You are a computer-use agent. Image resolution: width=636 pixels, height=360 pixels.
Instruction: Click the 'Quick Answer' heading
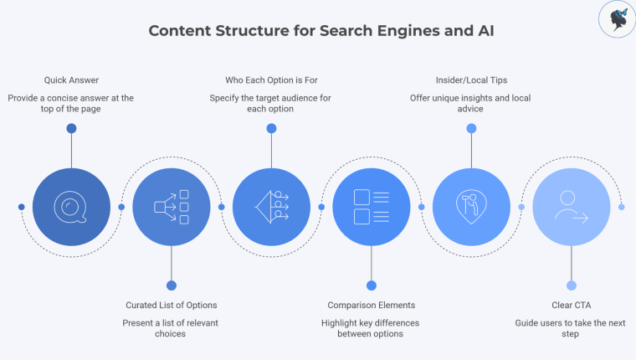71,80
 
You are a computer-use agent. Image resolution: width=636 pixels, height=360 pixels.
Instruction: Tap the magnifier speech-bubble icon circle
71,207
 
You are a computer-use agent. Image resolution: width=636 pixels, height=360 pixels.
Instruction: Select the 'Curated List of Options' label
172,305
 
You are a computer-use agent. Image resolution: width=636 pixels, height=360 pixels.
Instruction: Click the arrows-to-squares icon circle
172,207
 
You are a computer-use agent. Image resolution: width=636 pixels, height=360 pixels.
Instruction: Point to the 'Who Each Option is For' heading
270,80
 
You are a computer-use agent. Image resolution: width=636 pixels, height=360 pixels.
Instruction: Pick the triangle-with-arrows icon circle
271,207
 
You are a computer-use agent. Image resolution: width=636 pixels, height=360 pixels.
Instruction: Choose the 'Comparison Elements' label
372,305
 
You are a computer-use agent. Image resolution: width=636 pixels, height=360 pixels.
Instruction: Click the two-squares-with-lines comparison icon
372,207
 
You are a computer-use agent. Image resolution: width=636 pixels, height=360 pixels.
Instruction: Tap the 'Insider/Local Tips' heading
471,80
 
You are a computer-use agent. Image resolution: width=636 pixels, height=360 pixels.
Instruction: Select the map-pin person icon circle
471,207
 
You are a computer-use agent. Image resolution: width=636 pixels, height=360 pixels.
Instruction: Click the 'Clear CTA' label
571,305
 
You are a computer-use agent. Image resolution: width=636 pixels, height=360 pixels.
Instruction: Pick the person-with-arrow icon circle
571,207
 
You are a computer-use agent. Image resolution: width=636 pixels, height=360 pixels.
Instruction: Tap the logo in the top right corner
618,19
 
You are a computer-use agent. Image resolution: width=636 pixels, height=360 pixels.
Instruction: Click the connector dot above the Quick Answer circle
71,128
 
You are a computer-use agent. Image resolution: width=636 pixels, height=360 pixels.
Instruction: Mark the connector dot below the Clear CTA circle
571,285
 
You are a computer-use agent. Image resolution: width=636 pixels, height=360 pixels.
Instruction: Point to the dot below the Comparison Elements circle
372,285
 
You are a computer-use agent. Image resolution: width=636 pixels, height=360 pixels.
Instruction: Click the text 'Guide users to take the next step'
571,327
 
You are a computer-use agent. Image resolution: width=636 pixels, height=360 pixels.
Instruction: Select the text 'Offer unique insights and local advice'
471,103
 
